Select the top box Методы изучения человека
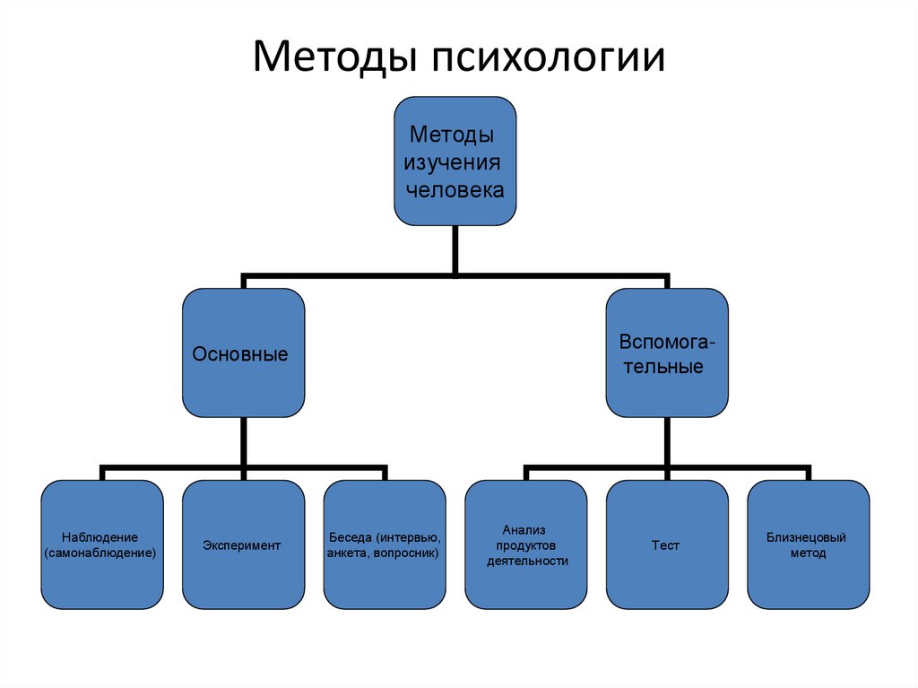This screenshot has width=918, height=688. tap(455, 161)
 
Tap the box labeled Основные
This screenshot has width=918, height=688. tap(243, 352)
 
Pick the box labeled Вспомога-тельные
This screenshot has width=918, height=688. tap(667, 352)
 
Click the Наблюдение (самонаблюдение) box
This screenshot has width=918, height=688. tap(102, 544)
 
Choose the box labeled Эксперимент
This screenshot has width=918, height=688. tap(243, 544)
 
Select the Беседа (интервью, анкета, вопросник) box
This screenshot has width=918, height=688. tap(385, 544)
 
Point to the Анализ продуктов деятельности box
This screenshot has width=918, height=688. tap(525, 544)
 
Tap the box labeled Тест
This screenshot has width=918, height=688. tap(667, 544)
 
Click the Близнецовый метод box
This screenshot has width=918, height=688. tap(808, 544)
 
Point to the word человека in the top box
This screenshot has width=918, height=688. tap(455, 190)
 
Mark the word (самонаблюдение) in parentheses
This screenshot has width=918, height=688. tap(101, 553)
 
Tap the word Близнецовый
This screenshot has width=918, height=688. tap(807, 537)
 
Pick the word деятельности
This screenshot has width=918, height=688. tap(527, 562)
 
